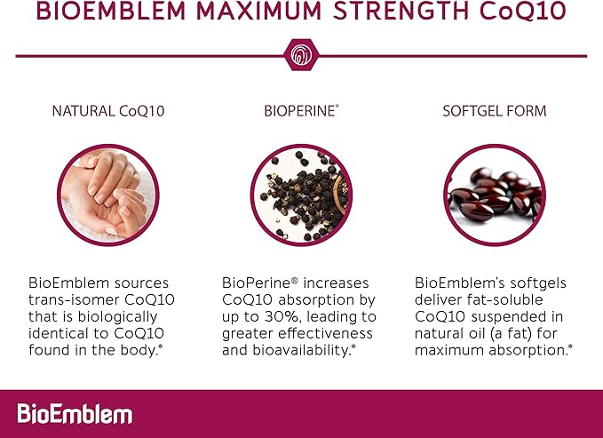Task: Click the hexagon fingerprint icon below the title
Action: pos(301,55)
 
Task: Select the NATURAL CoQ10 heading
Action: pos(107,112)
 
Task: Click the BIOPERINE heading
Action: pos(300,112)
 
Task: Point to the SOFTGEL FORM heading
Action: pos(495,112)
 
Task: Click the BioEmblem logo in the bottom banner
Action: pos(75,413)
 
